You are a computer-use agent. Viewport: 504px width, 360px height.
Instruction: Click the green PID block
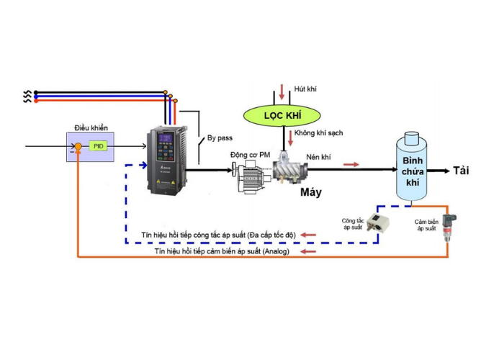[98, 146]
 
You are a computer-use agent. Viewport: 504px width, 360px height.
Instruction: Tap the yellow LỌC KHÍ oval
[282, 115]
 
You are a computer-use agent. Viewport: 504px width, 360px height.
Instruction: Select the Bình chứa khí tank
[412, 166]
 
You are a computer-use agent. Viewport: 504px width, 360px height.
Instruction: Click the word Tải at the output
[461, 171]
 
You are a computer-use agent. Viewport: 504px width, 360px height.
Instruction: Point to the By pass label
[220, 138]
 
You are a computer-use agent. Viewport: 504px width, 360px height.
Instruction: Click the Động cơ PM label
[250, 155]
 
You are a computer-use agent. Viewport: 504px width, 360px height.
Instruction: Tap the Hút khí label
[305, 89]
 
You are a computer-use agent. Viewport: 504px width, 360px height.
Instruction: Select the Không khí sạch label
[318, 132]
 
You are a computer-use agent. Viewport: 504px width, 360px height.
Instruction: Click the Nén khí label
[318, 157]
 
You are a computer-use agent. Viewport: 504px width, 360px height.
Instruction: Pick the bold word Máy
[311, 192]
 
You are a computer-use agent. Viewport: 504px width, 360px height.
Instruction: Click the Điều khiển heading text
[91, 128]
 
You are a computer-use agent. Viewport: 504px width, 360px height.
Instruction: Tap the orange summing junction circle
[78, 147]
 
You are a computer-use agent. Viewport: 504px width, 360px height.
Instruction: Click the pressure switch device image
[378, 222]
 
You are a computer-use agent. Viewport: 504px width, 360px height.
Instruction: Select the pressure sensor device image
[449, 228]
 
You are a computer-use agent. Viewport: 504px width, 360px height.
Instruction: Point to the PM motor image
[251, 176]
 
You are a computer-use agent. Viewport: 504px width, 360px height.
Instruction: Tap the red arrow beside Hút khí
[282, 92]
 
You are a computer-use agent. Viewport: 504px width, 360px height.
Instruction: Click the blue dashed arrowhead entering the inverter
[143, 165]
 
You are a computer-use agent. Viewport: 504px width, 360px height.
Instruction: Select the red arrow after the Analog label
[308, 251]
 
